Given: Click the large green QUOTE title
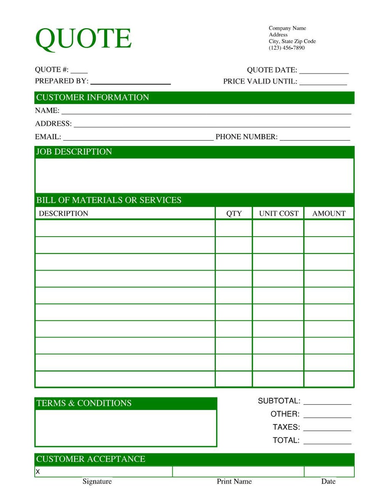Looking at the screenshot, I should pyautogui.click(x=83, y=38).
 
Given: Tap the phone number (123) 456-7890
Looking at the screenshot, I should pyautogui.click(x=286, y=48).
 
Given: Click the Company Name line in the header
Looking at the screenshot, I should pyautogui.click(x=287, y=28).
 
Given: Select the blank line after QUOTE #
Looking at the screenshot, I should pyautogui.click(x=79, y=72).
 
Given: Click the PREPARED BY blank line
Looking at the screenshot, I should pyautogui.click(x=130, y=83).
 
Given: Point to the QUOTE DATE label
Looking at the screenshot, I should pyautogui.click(x=272, y=70).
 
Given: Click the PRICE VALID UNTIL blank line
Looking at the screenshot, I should pyautogui.click(x=323, y=83).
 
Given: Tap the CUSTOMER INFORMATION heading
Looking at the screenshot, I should pyautogui.click(x=92, y=98).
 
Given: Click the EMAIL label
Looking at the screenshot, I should pyautogui.click(x=48, y=137).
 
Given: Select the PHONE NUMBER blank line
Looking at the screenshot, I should pyautogui.click(x=315, y=139).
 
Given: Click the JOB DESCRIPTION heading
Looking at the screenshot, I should pyautogui.click(x=74, y=152).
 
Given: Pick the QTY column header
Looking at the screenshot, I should pyautogui.click(x=234, y=213).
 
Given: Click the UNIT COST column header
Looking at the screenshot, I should pyautogui.click(x=278, y=213).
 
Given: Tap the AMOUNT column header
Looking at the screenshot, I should pyautogui.click(x=329, y=213).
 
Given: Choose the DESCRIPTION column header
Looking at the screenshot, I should pyautogui.click(x=63, y=213).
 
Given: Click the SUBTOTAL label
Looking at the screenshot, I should pyautogui.click(x=279, y=401).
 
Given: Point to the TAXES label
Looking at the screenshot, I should pyautogui.click(x=286, y=427).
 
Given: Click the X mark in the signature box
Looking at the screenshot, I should pyautogui.click(x=38, y=472).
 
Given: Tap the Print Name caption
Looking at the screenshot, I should pyautogui.click(x=234, y=481).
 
